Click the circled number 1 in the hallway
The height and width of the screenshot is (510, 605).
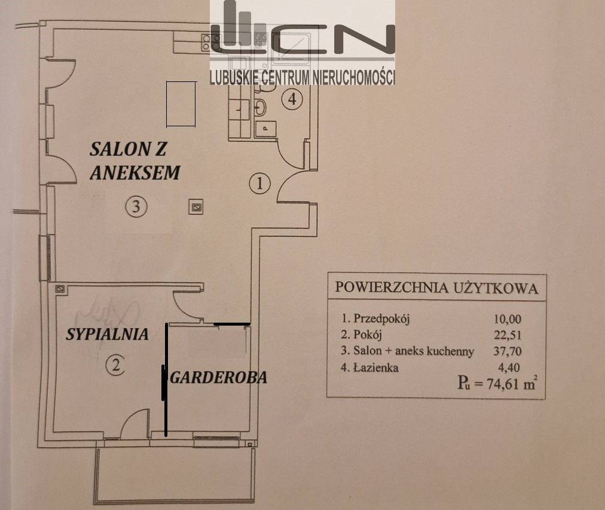259,183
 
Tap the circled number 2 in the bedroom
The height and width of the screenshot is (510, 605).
115,365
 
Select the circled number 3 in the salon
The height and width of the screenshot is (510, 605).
136,207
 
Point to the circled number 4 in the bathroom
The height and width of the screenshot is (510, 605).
292,99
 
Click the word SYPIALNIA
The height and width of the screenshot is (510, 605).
107,334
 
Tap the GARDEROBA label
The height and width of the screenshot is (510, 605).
219,378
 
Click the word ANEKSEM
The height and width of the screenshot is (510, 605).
135,173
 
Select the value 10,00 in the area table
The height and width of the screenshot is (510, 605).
508,319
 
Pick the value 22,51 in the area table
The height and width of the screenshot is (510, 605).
508,335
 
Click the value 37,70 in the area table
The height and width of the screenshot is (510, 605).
508,351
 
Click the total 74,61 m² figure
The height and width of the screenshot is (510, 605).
512,384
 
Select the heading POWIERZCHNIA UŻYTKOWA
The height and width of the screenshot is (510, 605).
436,288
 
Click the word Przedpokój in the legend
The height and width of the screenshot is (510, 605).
381,318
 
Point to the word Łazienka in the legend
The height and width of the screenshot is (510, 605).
376,367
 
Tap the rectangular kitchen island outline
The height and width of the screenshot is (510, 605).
181,104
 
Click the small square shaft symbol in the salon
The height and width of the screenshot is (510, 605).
196,207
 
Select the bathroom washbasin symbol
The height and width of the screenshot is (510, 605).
260,107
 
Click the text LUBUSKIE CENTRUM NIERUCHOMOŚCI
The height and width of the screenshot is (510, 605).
302,78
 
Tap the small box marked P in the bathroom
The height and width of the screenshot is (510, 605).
265,129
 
